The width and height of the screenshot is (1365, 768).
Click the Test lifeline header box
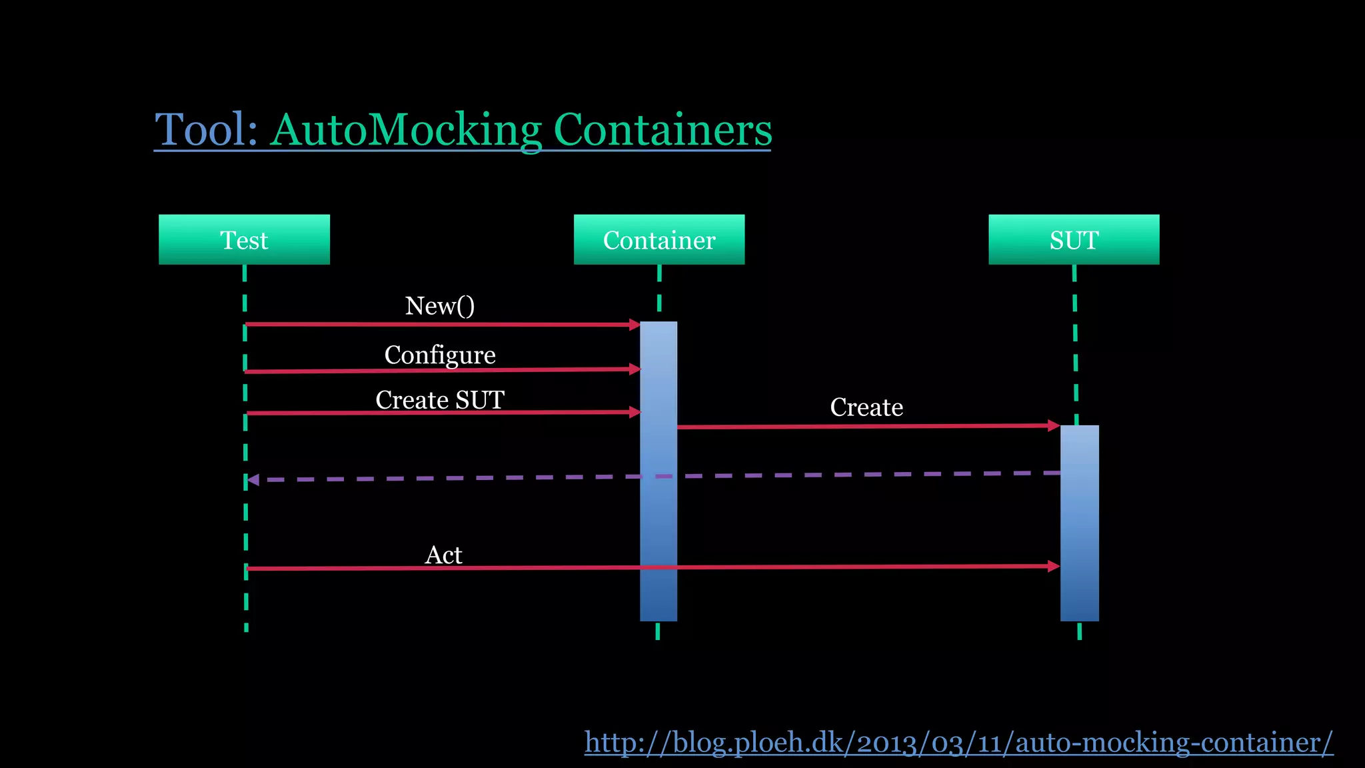point(244,240)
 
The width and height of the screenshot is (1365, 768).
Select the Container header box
point(659,240)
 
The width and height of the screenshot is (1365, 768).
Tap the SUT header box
point(1073,240)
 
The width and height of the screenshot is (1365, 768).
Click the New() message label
point(440,306)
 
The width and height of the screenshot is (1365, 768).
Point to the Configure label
point(440,355)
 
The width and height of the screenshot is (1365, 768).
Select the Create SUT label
point(440,400)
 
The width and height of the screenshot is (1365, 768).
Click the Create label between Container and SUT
point(866,407)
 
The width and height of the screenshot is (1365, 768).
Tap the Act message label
point(443,555)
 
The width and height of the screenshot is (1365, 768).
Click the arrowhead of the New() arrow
point(635,325)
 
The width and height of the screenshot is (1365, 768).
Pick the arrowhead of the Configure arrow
point(635,369)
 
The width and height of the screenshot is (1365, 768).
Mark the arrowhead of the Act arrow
point(1054,566)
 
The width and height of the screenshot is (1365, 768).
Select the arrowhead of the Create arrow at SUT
point(1054,425)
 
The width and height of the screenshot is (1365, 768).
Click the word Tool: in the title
point(206,129)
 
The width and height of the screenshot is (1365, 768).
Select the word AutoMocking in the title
point(407,129)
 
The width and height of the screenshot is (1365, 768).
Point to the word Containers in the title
point(663,129)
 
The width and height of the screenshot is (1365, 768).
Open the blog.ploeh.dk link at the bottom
point(958,743)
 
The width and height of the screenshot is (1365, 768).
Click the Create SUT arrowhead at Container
point(635,413)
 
